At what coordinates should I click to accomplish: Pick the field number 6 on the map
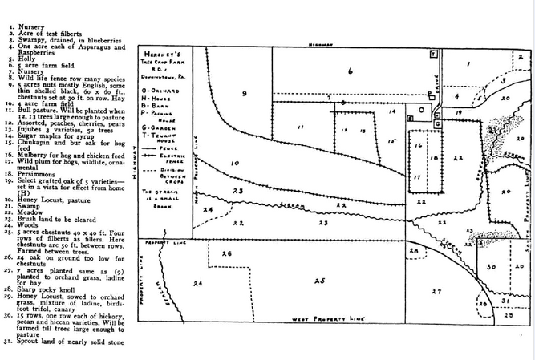pos(349,71)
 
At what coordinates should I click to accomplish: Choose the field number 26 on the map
pos(226,254)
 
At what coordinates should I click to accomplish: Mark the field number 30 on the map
pos(494,265)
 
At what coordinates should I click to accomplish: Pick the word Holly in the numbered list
pos(30,70)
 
